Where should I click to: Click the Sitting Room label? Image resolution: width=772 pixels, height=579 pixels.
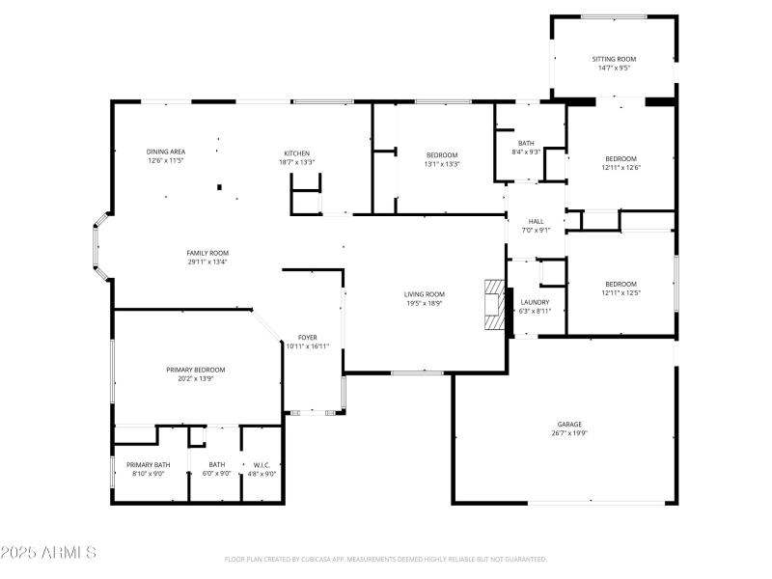614,59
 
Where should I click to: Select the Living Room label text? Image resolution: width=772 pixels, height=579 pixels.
424,293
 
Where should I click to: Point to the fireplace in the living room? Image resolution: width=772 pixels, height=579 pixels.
494,307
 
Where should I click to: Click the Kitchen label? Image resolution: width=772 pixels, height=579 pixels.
296,153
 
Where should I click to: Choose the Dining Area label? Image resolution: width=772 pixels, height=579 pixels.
166,152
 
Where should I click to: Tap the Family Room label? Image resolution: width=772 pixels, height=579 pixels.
207,253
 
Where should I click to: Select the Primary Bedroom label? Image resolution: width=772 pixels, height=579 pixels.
195,370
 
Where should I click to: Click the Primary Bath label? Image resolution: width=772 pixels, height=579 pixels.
148,464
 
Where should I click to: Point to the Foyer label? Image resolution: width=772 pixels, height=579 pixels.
307,337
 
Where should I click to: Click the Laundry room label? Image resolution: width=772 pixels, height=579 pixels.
535,302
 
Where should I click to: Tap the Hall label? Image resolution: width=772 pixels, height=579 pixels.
536,221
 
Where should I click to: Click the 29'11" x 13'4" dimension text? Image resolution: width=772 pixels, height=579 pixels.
207,262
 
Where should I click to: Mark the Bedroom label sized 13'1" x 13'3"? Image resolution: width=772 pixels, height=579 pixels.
442,154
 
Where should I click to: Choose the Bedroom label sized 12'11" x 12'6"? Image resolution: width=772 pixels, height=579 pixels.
620,158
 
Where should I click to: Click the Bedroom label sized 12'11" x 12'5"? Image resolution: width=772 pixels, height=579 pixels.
620,284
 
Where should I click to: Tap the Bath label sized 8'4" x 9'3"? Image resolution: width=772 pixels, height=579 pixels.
526,143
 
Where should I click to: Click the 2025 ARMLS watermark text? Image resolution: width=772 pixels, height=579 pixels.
48,553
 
